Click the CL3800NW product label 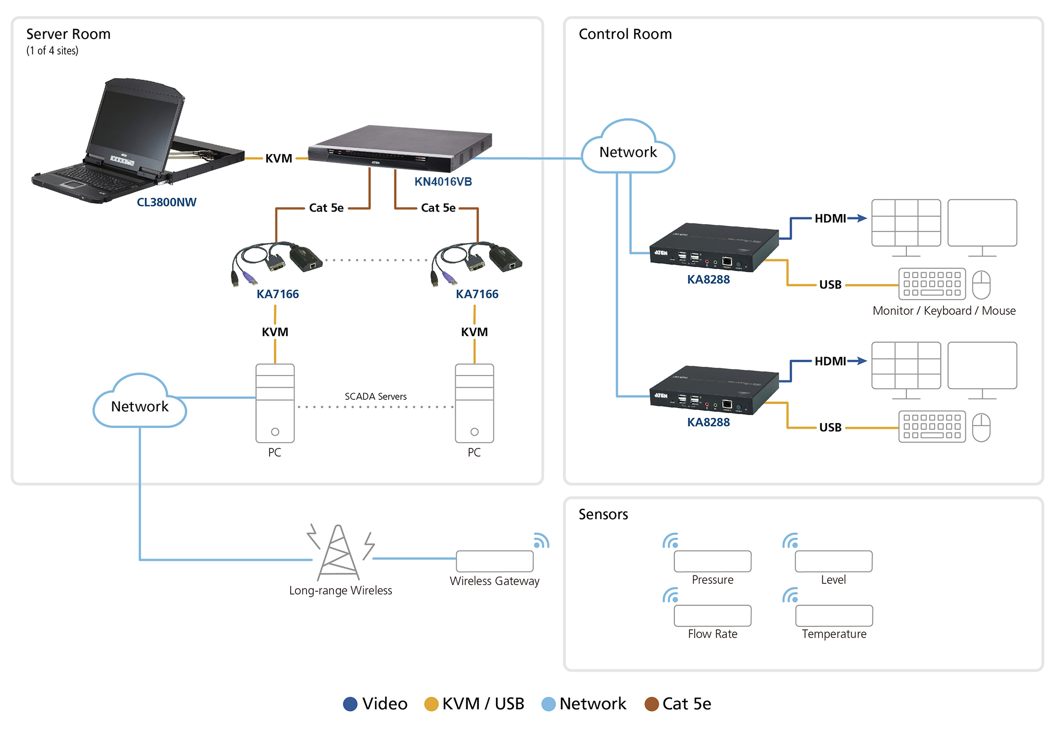[166, 202]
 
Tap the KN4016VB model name [443, 181]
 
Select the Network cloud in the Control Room [628, 152]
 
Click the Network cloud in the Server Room [140, 406]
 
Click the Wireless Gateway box [494, 561]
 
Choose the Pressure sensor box [712, 561]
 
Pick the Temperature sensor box [834, 616]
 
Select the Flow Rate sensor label [712, 634]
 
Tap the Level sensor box [833, 561]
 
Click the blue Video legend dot [350, 704]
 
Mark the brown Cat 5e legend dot [651, 704]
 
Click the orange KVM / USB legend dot [431, 704]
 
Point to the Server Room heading [69, 34]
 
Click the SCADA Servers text [376, 396]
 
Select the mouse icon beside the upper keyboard [981, 285]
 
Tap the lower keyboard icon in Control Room [932, 427]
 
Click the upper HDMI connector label [830, 218]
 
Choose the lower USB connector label [830, 427]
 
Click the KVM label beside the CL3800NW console [279, 158]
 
